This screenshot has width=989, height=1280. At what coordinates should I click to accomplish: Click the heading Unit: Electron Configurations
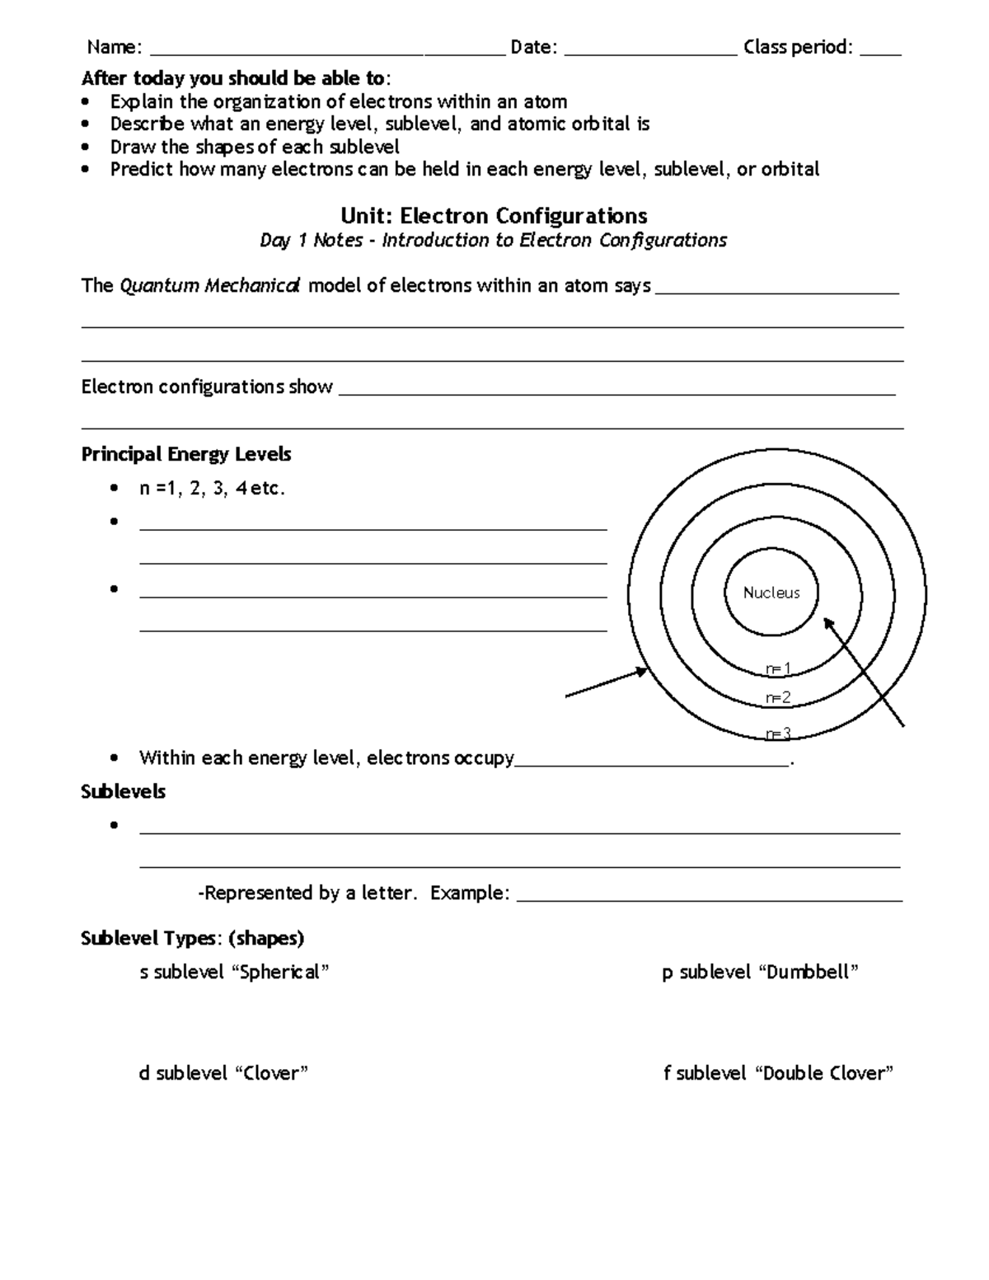tap(494, 216)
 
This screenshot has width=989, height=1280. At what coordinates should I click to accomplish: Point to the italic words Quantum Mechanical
tap(210, 286)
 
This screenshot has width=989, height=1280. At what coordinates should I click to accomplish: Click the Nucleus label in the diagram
tap(771, 593)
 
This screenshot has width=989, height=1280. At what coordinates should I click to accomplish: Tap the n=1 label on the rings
tap(778, 668)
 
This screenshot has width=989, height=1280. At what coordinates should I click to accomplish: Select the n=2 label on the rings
tap(778, 698)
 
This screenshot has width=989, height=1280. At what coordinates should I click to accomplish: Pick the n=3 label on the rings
tap(778, 734)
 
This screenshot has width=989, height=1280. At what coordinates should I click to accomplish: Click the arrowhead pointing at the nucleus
tap(827, 624)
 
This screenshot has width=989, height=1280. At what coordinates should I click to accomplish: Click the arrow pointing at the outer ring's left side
tap(606, 684)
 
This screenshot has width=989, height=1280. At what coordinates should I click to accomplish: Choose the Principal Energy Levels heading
tap(186, 454)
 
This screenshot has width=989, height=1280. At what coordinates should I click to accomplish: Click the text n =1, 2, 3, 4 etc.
tap(212, 489)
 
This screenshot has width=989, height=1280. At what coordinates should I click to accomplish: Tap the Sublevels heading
tap(123, 791)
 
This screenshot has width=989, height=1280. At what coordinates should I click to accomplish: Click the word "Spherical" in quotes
tap(283, 972)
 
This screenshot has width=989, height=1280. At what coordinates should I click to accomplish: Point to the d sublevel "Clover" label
tap(223, 1073)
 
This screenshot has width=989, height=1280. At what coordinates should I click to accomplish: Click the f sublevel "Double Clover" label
tap(778, 1073)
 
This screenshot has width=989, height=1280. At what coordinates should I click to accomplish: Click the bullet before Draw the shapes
tap(87, 148)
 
